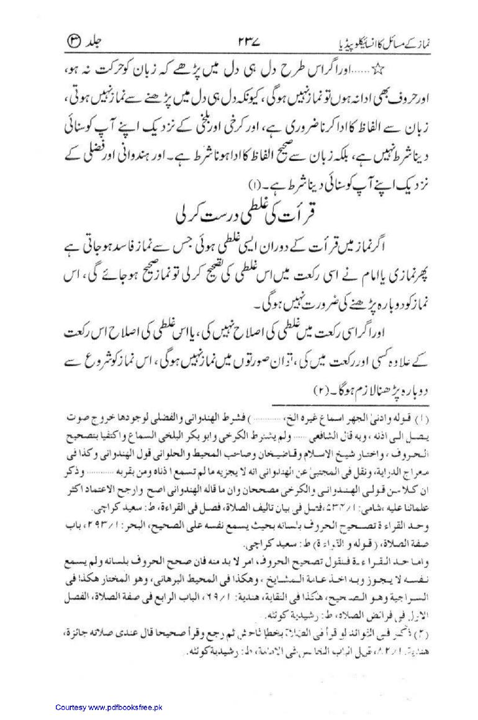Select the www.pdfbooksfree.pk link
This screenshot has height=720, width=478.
(124, 707)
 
